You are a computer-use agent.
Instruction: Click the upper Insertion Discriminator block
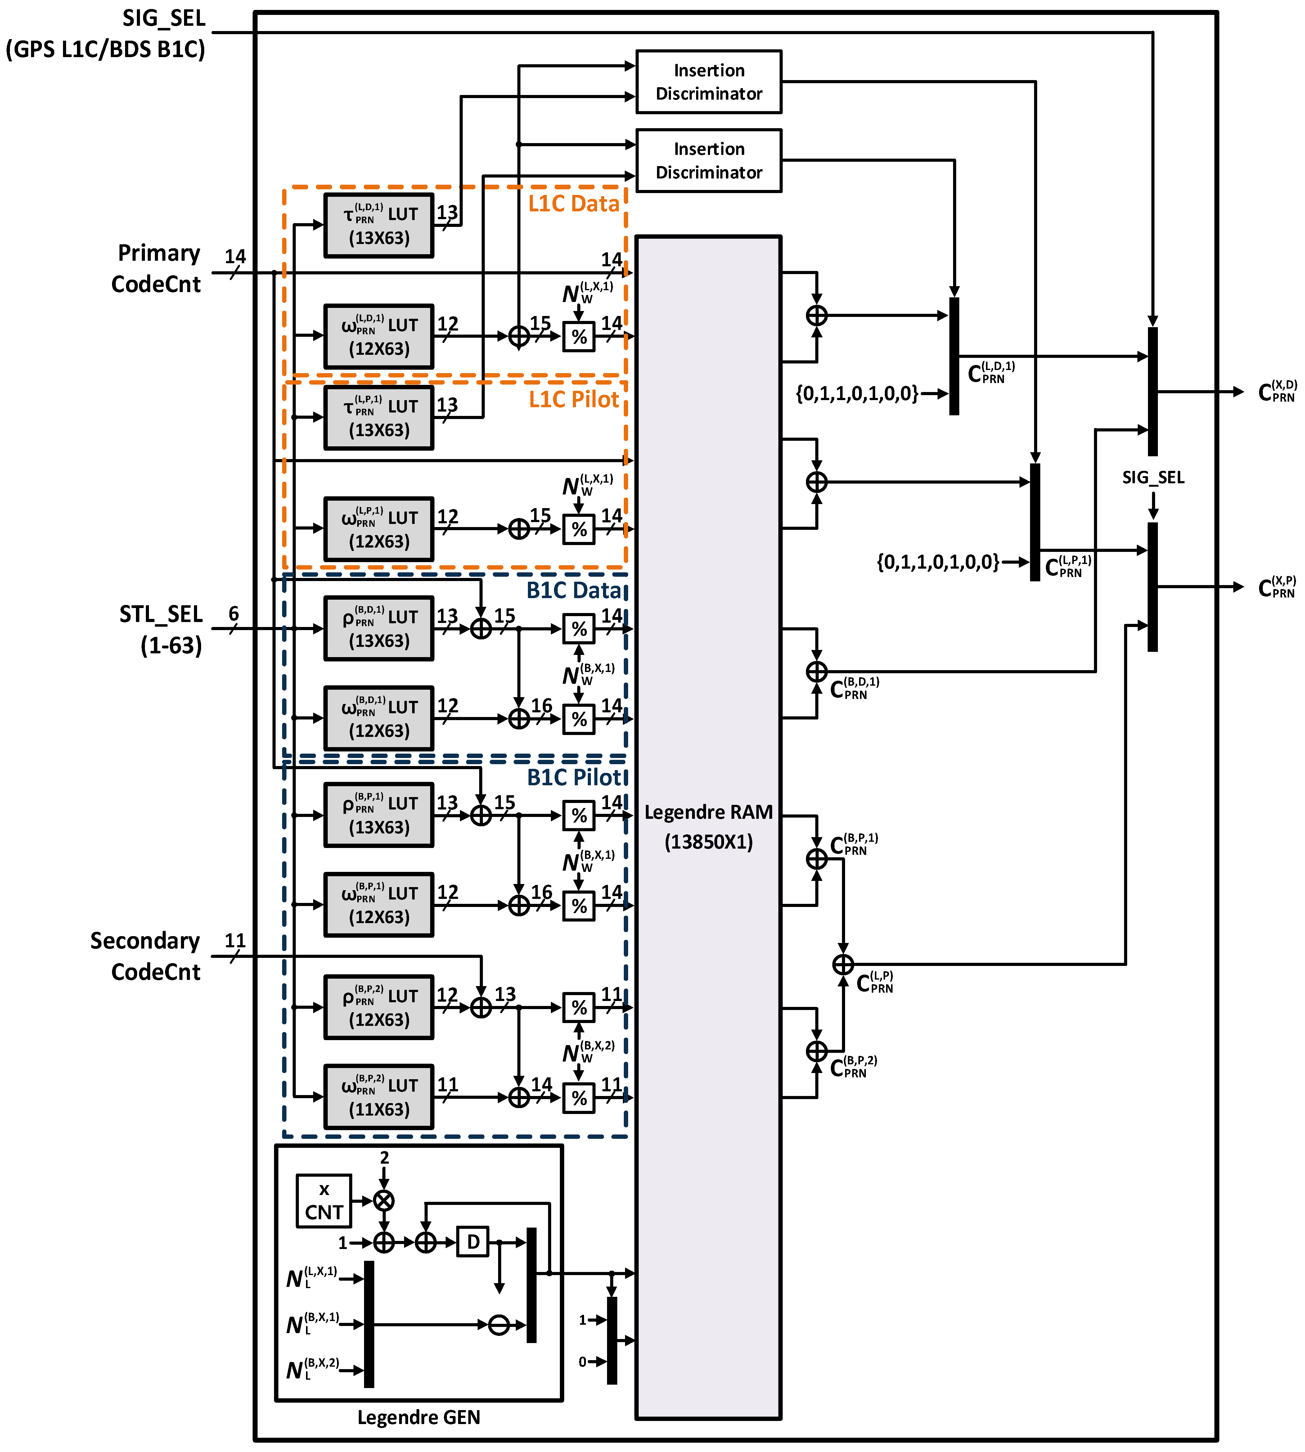(x=709, y=82)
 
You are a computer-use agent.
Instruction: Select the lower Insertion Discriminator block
(x=709, y=160)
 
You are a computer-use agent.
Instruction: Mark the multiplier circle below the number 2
(x=384, y=1200)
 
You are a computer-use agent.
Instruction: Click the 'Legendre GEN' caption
(x=419, y=1417)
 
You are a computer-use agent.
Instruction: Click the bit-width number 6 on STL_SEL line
(x=234, y=614)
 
